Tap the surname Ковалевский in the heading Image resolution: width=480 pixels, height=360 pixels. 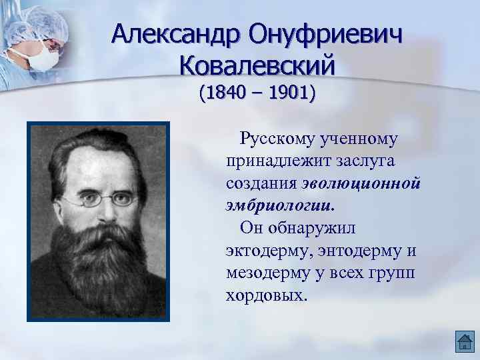257,66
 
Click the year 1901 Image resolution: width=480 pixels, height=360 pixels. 288,93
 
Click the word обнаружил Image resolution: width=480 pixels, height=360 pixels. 313,228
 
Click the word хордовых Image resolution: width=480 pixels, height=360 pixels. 265,295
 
